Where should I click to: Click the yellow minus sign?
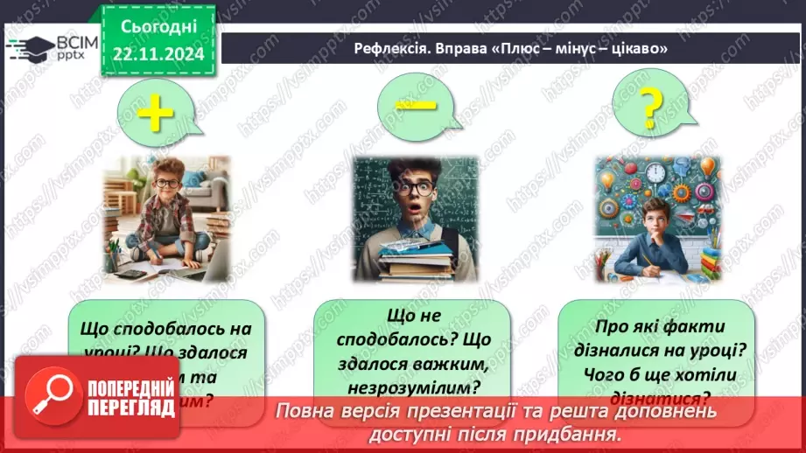(x=415, y=103)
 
